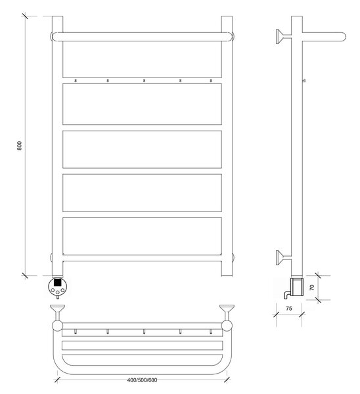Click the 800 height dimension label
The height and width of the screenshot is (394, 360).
(19, 146)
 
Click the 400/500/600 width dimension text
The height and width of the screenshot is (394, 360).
(142, 380)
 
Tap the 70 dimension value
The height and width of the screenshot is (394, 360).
(312, 288)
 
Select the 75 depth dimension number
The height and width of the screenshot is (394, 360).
(289, 309)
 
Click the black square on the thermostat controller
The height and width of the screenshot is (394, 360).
(58, 282)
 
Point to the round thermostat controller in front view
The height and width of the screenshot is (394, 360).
(58, 287)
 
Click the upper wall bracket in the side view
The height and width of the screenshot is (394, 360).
(284, 36)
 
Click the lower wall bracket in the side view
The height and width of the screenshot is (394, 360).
(284, 257)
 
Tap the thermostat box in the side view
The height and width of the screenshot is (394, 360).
(297, 286)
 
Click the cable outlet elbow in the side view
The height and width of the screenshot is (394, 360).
(287, 294)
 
